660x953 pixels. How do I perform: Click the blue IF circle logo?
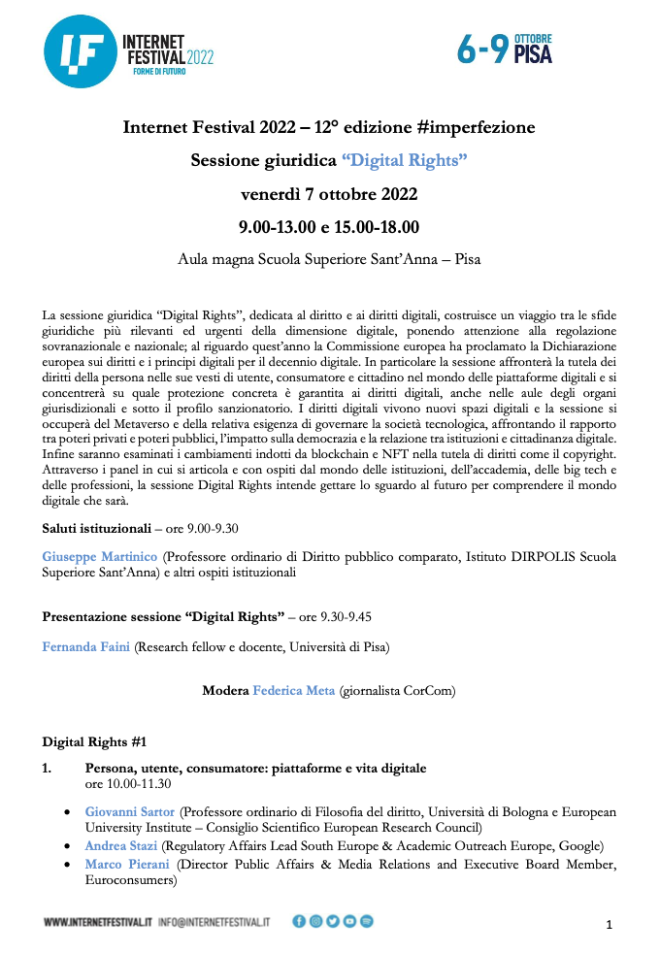click(79, 53)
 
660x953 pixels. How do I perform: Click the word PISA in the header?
click(533, 55)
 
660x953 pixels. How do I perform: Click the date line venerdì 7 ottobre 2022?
click(329, 194)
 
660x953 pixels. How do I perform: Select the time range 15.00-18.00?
click(378, 228)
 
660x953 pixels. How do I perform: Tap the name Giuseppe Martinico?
click(100, 557)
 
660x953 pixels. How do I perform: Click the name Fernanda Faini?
click(86, 645)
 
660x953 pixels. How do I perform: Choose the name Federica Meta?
click(293, 691)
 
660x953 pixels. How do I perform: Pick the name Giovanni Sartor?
click(130, 811)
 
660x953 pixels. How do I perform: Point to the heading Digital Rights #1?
click(94, 742)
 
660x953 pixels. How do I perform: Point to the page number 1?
click(609, 925)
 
